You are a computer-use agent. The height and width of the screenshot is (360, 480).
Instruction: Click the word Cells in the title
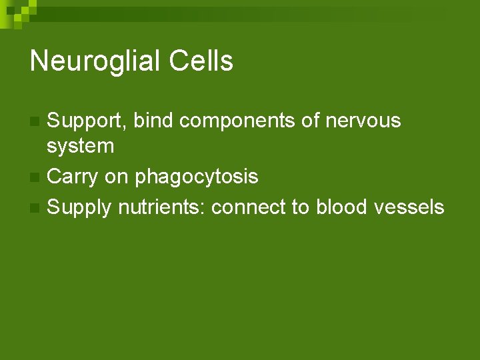[x=201, y=61]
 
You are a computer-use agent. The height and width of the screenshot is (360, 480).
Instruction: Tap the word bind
[x=153, y=121]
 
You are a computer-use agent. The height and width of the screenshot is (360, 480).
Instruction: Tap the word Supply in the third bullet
[x=80, y=208]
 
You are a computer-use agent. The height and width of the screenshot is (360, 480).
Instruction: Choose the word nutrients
[x=163, y=207]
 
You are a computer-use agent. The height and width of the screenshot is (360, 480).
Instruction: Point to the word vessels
[x=409, y=207]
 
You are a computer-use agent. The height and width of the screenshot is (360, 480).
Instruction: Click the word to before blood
[x=301, y=207]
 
